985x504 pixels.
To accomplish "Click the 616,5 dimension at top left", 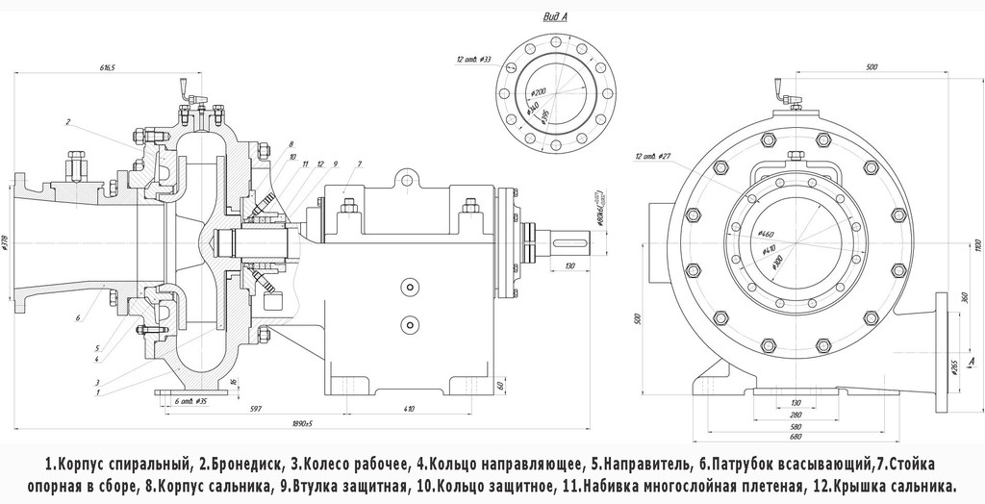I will click(x=107, y=69).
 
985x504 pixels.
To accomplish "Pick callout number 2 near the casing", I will click(x=68, y=122).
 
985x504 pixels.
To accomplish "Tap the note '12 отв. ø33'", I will click(x=473, y=60).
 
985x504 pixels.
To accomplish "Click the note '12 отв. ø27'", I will click(x=652, y=155).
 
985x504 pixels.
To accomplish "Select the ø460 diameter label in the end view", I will click(x=767, y=234).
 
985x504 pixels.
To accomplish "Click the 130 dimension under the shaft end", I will click(x=569, y=265).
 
